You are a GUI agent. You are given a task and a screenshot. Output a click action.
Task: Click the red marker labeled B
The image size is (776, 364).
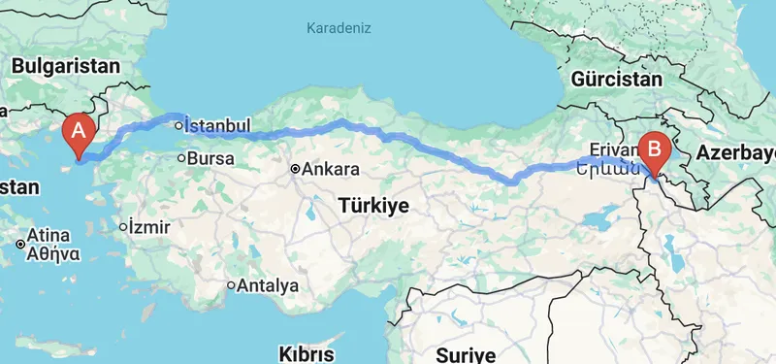(x=656, y=151)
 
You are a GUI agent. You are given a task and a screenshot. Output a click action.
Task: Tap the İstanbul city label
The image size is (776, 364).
(x=218, y=125)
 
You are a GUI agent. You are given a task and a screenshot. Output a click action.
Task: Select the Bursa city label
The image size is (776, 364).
(x=212, y=156)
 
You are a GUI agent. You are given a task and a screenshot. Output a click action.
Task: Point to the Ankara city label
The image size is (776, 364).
(x=331, y=169)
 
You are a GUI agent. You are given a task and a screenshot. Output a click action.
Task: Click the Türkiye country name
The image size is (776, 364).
(x=374, y=206)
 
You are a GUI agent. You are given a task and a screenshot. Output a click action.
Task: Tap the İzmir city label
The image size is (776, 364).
(x=150, y=227)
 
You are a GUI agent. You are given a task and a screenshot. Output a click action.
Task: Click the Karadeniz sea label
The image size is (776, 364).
(x=339, y=28)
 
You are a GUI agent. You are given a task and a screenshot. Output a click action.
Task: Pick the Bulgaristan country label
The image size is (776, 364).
(x=66, y=66)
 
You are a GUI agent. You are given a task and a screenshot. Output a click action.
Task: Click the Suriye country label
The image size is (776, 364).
(x=467, y=353)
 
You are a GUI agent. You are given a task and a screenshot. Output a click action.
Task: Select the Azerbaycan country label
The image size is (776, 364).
(x=733, y=152)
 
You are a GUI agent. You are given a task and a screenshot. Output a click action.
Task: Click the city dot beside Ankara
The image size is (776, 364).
(x=295, y=170)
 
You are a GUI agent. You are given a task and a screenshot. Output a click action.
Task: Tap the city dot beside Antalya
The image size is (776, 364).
(x=231, y=286)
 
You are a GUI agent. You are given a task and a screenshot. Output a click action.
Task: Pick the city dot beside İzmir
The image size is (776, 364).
(x=123, y=228)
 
